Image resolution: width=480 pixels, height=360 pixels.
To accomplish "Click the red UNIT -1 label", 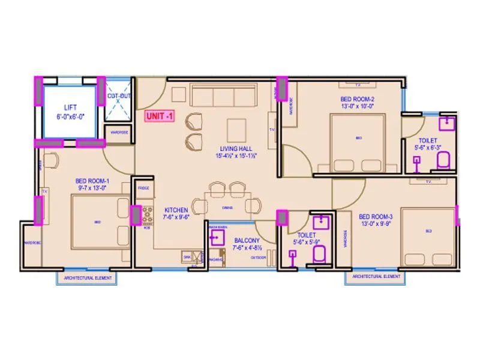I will point(158,117).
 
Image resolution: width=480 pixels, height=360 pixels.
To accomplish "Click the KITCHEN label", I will point(176,210).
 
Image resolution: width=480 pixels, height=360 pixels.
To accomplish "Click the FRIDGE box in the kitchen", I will point(143,188).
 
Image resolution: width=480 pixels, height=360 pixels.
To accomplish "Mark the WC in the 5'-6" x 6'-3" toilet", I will point(443,160).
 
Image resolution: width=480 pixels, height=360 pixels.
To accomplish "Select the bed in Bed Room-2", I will point(358,143).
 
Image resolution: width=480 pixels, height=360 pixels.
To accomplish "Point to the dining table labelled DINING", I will point(228,206).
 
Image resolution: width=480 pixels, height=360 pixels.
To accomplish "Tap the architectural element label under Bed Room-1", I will point(87,278).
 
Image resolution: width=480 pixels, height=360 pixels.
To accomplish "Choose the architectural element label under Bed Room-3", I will point(376,277).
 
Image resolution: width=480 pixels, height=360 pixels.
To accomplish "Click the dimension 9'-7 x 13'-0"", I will point(92,187).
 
